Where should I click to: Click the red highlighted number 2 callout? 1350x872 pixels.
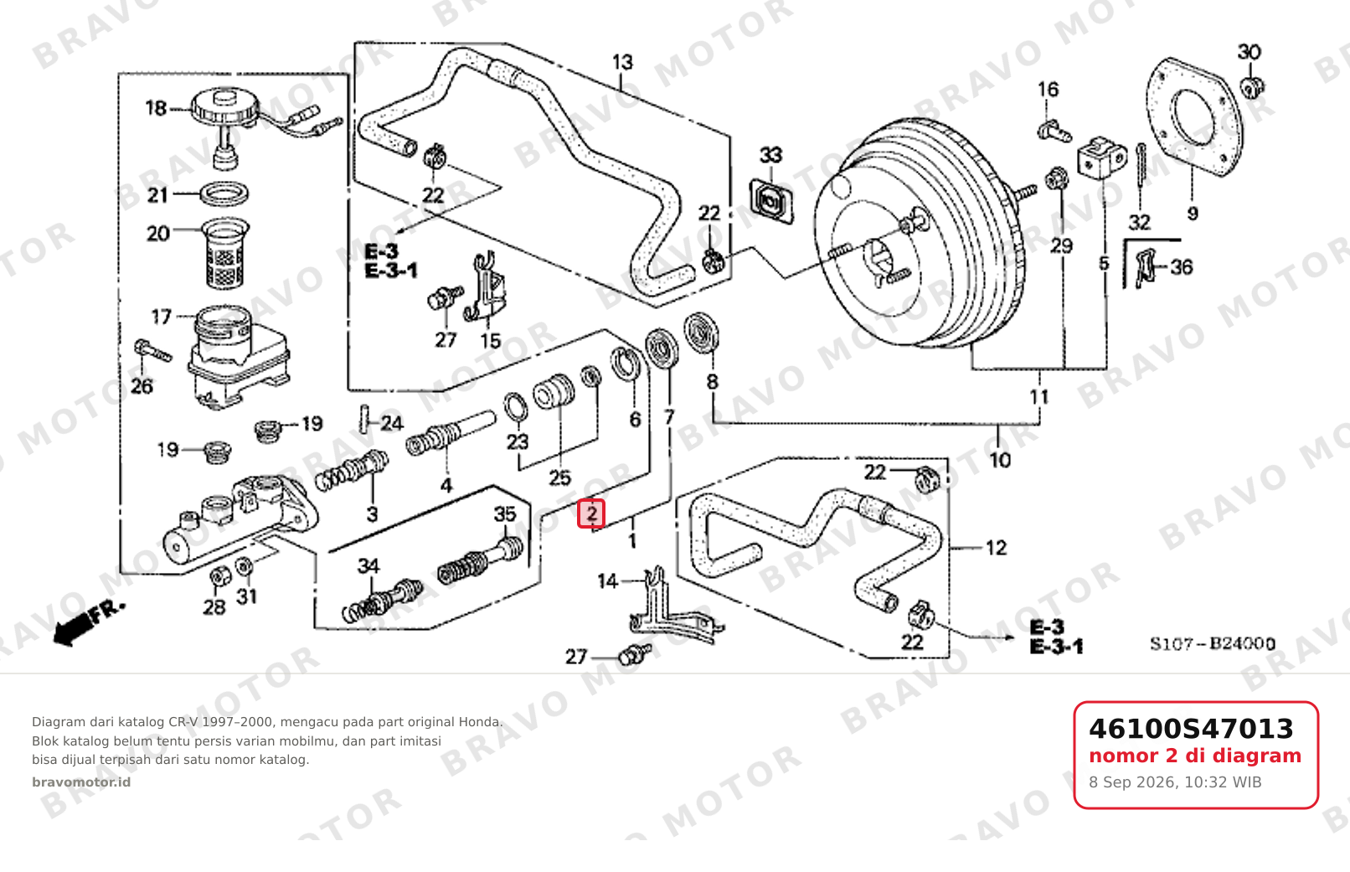(591, 514)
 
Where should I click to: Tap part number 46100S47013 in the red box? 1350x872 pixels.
(1191, 729)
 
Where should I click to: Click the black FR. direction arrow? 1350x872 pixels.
(88, 624)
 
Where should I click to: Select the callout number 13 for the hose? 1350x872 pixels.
(622, 62)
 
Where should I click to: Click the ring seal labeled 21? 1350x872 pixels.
(224, 194)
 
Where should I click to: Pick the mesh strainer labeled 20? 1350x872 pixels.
(224, 252)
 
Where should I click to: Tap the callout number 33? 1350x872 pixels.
(770, 156)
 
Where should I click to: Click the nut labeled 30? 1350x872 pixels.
(1252, 87)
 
